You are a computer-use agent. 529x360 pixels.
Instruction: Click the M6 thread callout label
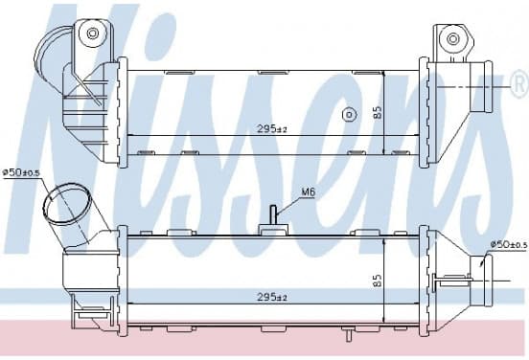point(308,192)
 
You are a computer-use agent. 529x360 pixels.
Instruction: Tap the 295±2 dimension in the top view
point(272,128)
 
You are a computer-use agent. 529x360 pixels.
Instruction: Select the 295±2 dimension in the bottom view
point(272,297)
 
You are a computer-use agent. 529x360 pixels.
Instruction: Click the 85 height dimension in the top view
point(378,112)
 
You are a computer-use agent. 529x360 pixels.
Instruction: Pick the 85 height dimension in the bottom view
point(378,281)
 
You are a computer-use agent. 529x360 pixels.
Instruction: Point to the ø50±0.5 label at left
point(21,173)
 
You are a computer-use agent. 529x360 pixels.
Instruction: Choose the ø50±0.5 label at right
point(509,245)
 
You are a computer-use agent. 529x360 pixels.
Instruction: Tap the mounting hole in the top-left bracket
point(92,34)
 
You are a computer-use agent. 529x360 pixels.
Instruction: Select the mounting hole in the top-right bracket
point(452,38)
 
